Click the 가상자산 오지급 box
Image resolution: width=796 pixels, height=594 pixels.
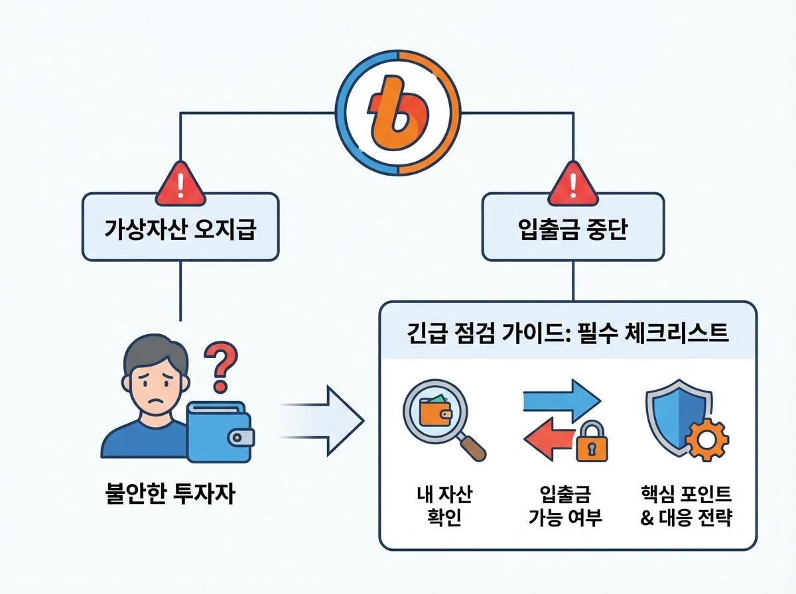180,227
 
